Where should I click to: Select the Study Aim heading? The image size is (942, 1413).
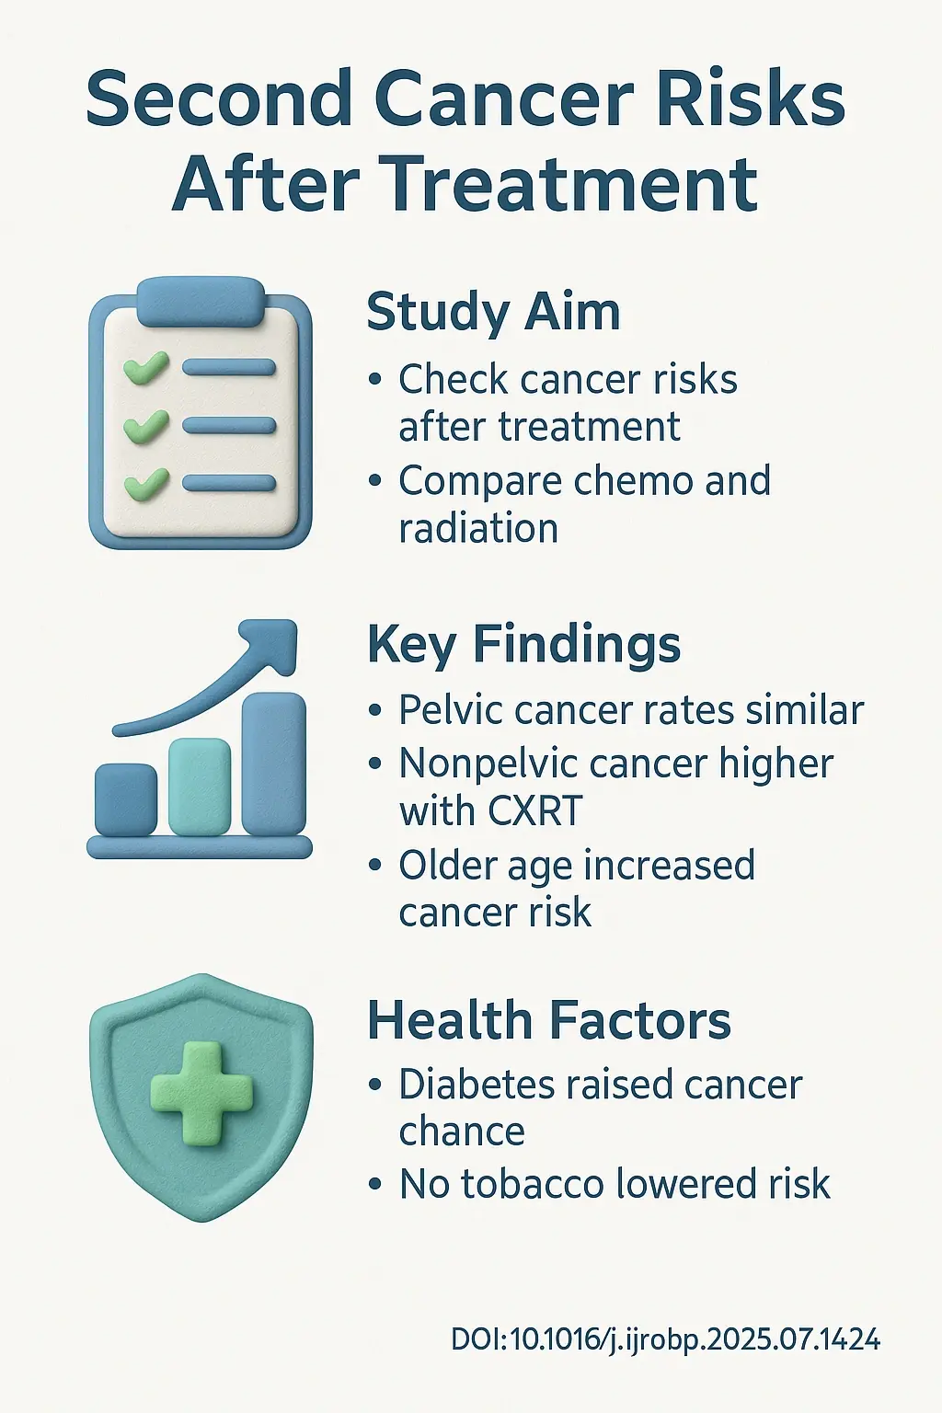click(493, 313)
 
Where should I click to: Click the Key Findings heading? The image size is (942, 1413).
click(523, 644)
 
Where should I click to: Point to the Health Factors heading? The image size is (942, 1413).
click(549, 1021)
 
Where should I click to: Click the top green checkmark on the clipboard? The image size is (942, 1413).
click(145, 368)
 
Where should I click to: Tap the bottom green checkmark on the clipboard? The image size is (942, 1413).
click(145, 483)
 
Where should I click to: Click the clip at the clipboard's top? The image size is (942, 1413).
click(200, 301)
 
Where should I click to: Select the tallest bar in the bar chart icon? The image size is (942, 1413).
click(273, 764)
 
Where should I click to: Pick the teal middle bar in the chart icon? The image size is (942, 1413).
click(200, 787)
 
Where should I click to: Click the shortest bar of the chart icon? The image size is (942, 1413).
click(126, 798)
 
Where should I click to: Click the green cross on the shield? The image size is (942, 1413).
click(201, 1093)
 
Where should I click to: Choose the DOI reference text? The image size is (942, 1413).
click(665, 1339)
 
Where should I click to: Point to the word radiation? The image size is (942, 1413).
click(478, 529)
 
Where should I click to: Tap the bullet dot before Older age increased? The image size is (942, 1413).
click(374, 866)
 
